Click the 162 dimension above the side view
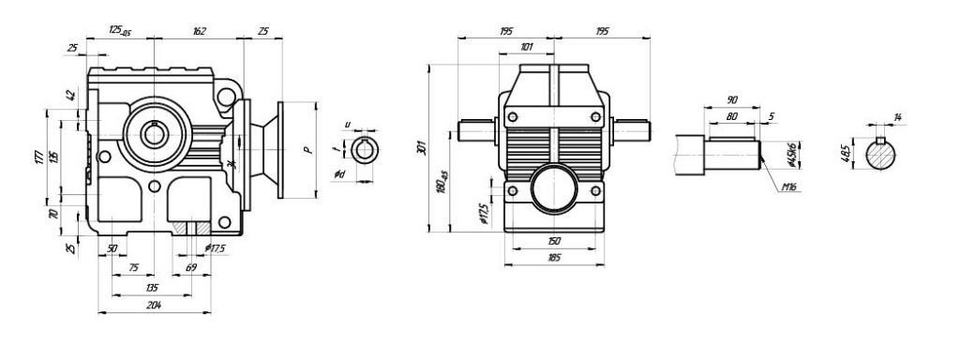tap(199, 31)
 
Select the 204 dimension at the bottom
tap(154, 307)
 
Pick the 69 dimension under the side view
tap(191, 268)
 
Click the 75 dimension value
tap(133, 268)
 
